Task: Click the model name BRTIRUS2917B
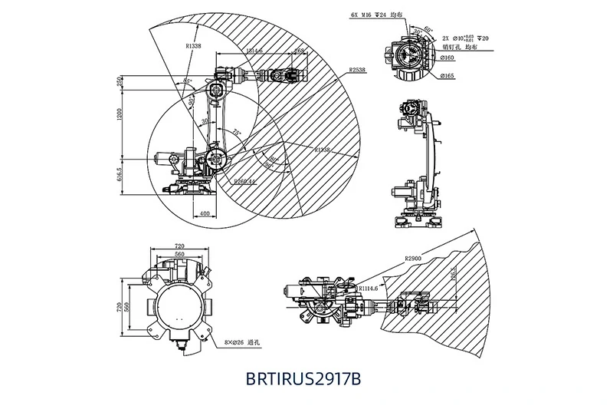[303, 379]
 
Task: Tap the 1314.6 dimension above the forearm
[251, 51]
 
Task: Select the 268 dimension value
[300, 51]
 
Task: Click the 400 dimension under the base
[204, 213]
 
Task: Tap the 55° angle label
[186, 81]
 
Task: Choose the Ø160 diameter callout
[447, 58]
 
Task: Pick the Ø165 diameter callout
[447, 75]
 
